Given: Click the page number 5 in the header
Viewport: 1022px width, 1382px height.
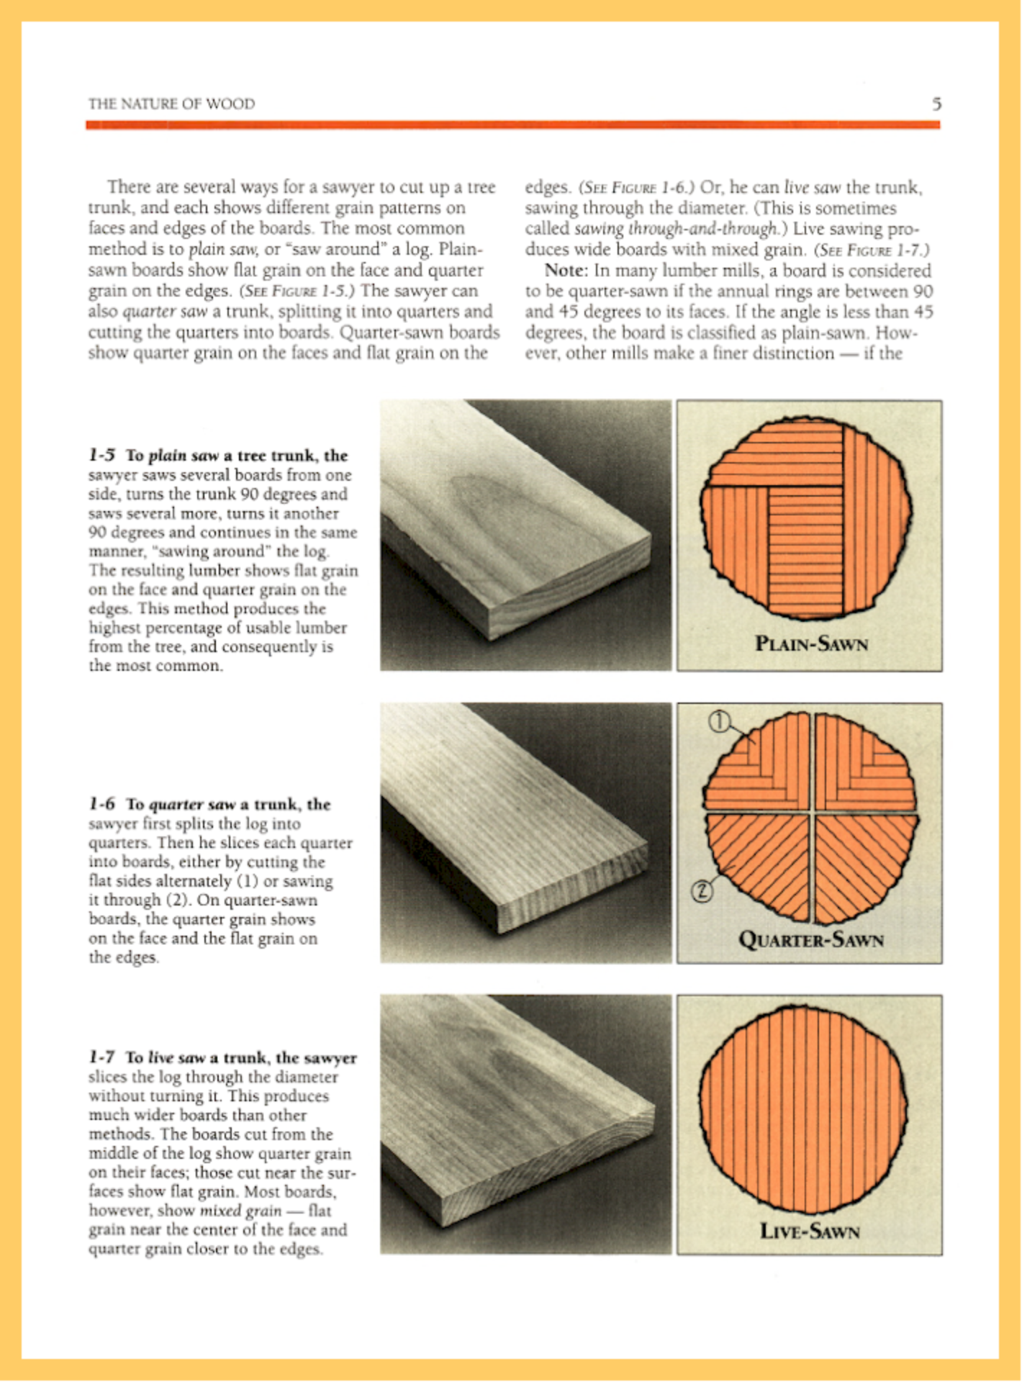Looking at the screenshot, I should pos(936,104).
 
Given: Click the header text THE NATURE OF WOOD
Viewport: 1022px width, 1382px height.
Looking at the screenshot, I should pos(171,104).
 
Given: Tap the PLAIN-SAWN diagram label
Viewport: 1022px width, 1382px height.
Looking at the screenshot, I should pos(811,643).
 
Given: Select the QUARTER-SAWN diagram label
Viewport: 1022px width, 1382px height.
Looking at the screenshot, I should pos(811,939).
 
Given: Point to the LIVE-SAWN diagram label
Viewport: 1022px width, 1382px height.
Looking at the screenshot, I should pos(810,1231).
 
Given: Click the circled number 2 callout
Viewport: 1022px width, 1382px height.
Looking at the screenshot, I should pos(702,892).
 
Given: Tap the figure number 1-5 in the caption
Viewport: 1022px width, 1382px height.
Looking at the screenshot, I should pos(101,456).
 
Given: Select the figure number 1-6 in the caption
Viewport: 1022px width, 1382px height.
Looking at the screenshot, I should pos(101,804).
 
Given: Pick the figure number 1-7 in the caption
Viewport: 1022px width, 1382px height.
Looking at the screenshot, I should pos(101,1057).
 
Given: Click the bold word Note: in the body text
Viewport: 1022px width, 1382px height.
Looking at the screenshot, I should pos(566,271).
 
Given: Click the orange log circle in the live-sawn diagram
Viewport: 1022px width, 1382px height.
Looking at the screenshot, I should pos(802,1108).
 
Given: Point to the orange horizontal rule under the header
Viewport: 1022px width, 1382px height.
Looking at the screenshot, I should pos(512,125).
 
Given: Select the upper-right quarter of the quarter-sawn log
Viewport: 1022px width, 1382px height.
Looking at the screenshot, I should pos(864,763).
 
